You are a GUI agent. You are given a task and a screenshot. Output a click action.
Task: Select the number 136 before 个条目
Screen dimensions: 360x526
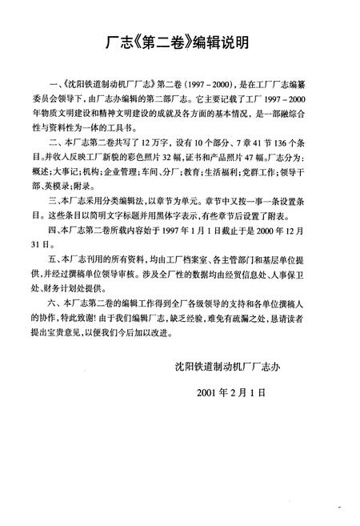283,141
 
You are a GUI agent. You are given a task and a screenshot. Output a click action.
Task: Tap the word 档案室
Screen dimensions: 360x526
186,260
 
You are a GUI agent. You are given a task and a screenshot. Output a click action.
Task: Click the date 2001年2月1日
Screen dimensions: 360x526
227,395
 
